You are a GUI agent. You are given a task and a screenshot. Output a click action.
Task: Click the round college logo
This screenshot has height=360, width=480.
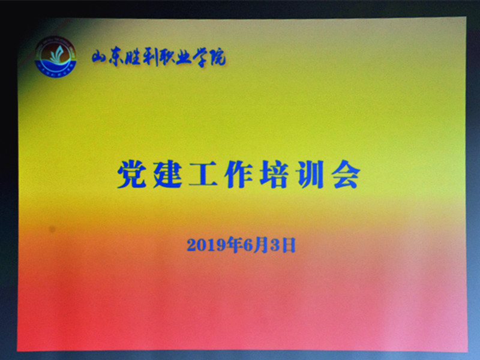(55, 57)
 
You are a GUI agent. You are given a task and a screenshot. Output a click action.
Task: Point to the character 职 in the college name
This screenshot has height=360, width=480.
(167, 57)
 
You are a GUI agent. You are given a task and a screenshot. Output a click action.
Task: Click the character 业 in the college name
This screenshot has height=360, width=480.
(184, 57)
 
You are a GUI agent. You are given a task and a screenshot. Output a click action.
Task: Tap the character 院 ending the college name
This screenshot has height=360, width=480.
(217, 57)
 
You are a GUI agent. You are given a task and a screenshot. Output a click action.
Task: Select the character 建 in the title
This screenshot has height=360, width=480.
(167, 174)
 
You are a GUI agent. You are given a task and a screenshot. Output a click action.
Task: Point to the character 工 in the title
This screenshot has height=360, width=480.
(203, 174)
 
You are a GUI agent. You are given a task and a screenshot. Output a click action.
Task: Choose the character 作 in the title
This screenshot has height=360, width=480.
(239, 174)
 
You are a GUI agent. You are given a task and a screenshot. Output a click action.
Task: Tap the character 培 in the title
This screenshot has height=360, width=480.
(274, 174)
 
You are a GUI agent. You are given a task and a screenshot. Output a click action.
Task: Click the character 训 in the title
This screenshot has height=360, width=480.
(310, 174)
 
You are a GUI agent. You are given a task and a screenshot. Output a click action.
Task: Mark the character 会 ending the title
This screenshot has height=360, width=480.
(346, 174)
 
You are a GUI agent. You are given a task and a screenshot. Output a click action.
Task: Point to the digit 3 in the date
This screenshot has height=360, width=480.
(275, 245)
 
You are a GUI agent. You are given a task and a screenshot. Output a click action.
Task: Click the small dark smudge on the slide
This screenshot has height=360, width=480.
(52, 229)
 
